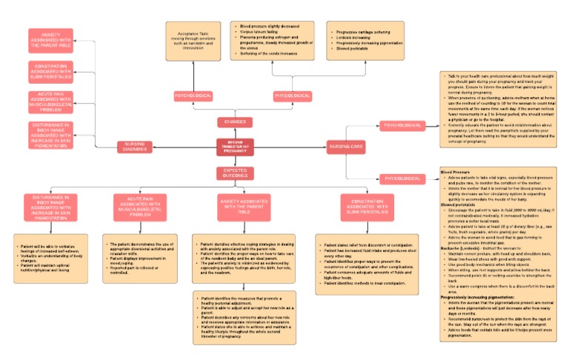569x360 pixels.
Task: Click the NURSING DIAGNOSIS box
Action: (136, 147)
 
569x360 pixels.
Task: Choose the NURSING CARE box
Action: (346, 147)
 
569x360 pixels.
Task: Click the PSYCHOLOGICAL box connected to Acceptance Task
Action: (193, 96)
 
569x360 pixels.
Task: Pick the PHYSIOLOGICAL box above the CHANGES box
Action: (292, 96)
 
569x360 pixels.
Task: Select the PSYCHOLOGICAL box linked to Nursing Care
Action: (402, 125)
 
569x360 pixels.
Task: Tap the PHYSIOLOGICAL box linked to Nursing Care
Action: (402, 179)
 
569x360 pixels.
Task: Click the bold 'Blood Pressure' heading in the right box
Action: (456, 171)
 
